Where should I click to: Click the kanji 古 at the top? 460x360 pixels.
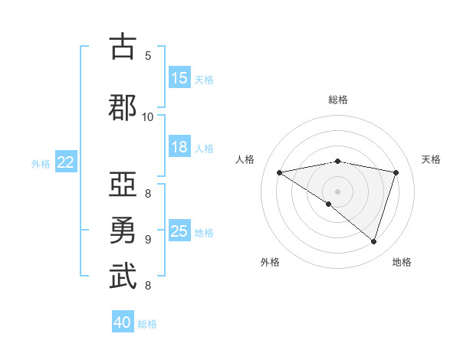tap(123, 47)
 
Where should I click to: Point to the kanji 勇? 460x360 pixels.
tap(123, 231)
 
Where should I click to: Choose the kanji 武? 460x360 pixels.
tap(123, 277)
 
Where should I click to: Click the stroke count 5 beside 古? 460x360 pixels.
tap(148, 55)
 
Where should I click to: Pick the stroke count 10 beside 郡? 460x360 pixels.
tap(148, 116)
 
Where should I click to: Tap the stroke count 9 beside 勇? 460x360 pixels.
tap(148, 239)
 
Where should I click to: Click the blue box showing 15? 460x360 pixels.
tap(179, 78)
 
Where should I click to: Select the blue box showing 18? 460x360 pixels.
tap(179, 147)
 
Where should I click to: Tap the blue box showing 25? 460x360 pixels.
tap(179, 231)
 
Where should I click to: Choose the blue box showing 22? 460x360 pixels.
tap(66, 162)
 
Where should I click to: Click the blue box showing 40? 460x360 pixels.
tap(123, 322)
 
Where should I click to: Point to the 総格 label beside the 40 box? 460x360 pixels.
tap(148, 324)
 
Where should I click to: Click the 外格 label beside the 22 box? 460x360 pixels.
tap(41, 163)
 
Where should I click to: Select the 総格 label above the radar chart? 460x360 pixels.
tap(337, 100)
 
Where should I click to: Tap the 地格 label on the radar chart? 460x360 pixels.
tap(402, 262)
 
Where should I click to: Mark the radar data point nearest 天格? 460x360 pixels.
tap(396, 172)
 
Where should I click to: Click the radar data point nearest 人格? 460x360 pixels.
tap(279, 172)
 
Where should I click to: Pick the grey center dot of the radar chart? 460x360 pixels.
tap(337, 191)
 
